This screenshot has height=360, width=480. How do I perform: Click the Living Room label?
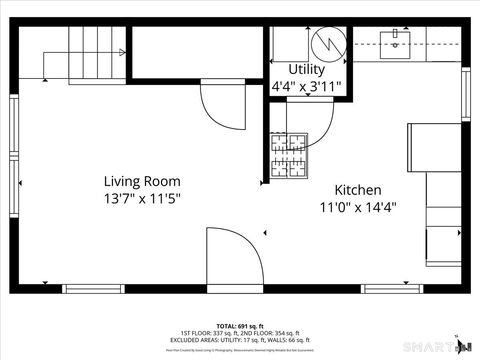143,181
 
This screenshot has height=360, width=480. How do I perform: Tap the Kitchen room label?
358,190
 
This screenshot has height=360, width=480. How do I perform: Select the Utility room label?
306,69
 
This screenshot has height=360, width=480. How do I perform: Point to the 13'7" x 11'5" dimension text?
143,198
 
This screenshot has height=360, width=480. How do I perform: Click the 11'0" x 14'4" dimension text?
358,207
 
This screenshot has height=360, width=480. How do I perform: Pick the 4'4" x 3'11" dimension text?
307,86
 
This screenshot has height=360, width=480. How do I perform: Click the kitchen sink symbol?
398,40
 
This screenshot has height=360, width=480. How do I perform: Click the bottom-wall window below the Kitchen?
391,289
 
